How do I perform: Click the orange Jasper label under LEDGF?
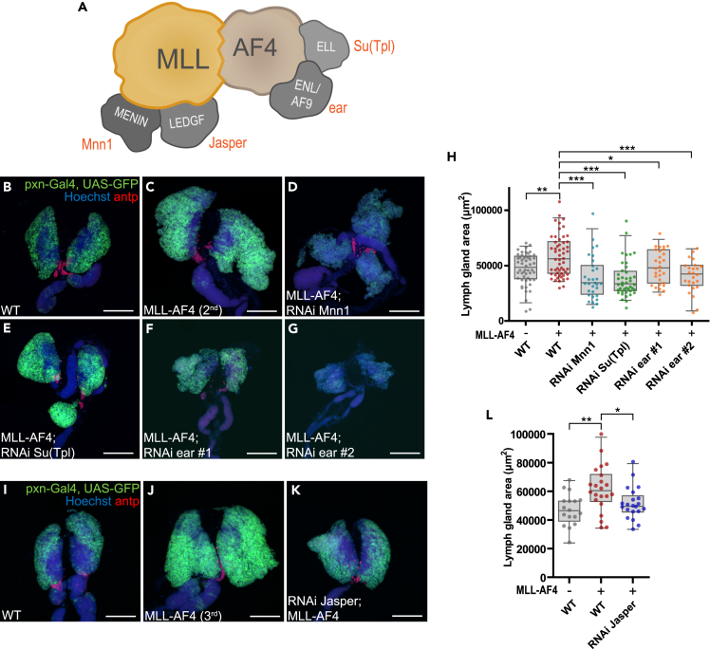227,143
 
